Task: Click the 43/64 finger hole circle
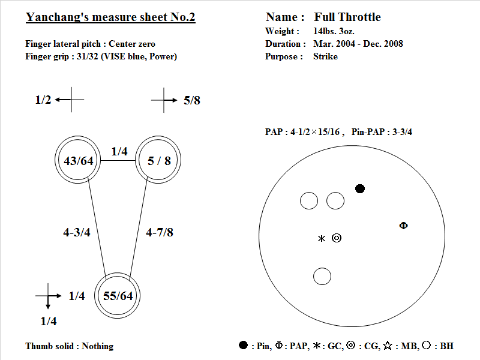click(x=55, y=160)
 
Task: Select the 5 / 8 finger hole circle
click(x=136, y=160)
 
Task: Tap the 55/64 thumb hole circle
click(x=95, y=296)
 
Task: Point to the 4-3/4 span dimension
click(x=77, y=232)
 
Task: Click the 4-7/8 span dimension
click(x=160, y=232)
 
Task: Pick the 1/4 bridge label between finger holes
click(x=119, y=151)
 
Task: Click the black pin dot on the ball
click(x=360, y=188)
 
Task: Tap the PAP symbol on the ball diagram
click(x=403, y=226)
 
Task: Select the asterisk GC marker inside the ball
click(x=322, y=238)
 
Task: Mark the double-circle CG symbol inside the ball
click(x=337, y=238)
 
